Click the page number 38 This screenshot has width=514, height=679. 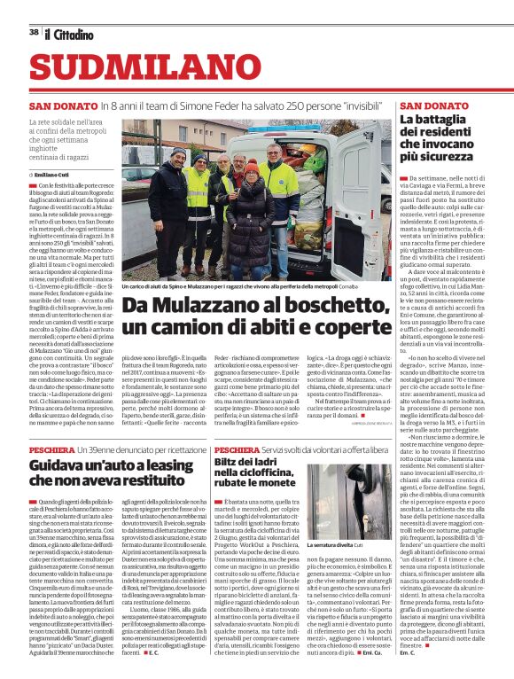[x=34, y=32]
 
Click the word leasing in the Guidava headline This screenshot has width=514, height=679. [x=145, y=465]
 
